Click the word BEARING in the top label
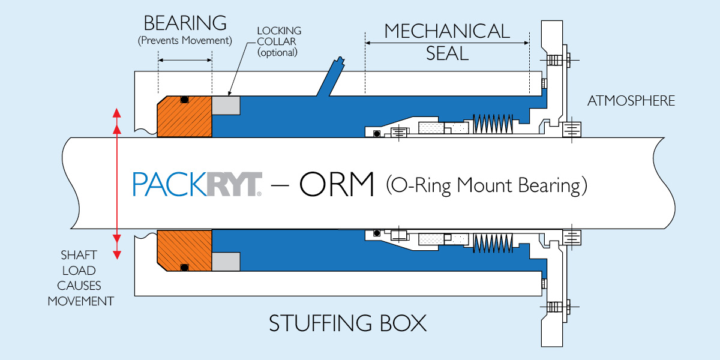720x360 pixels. tap(185, 23)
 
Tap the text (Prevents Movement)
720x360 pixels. tap(185, 41)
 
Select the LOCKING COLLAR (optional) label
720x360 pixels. tap(278, 41)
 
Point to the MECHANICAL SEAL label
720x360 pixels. tap(447, 41)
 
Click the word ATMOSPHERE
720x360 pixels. tap(631, 101)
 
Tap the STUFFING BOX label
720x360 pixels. tap(347, 324)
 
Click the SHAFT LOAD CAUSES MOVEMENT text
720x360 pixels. tap(81, 278)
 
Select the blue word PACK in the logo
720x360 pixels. tap(169, 185)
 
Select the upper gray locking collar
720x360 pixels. tap(226, 106)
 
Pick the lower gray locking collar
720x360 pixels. tap(226, 261)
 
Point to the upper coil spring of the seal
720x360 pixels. tap(492, 124)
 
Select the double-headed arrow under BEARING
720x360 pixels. tap(185, 60)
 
